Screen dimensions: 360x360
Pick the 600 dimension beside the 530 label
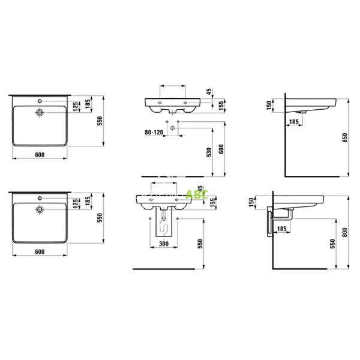pyautogui.click(x=221, y=150)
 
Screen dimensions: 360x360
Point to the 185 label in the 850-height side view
pyautogui.click(x=294, y=122)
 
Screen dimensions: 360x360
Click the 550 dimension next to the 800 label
pyautogui.click(x=332, y=242)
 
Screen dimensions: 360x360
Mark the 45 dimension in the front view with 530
pyautogui.click(x=208, y=91)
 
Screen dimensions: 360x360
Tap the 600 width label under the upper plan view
pyautogui.click(x=40, y=155)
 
